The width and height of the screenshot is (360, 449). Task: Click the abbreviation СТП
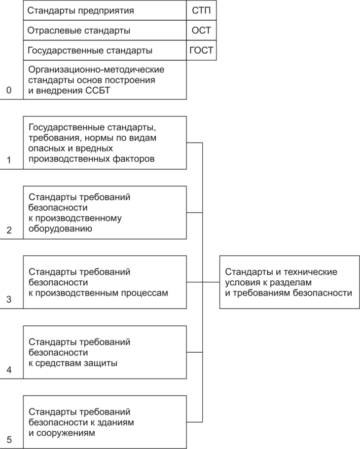(x=201, y=11)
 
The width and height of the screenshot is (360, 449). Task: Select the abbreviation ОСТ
(x=201, y=30)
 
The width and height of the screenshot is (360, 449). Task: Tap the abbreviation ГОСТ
(x=201, y=50)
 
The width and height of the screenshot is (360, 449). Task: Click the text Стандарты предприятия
(x=81, y=11)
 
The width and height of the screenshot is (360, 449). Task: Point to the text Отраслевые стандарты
(x=79, y=30)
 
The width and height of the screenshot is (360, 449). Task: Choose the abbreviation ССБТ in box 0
(x=97, y=91)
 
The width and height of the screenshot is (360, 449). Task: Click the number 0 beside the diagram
(x=9, y=90)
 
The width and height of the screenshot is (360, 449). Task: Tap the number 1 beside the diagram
(x=9, y=160)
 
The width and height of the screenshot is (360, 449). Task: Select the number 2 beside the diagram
(x=9, y=230)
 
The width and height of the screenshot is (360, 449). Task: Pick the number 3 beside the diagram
(x=9, y=300)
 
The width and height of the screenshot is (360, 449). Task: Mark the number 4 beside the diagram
(x=9, y=369)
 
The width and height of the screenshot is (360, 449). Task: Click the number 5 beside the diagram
(x=9, y=440)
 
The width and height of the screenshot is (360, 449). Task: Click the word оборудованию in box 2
(x=60, y=229)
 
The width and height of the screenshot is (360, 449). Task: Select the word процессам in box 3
(x=145, y=293)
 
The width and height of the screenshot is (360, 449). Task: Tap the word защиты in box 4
(x=100, y=363)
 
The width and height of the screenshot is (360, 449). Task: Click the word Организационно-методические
(x=96, y=70)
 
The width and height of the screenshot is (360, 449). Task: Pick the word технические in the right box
(x=309, y=272)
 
